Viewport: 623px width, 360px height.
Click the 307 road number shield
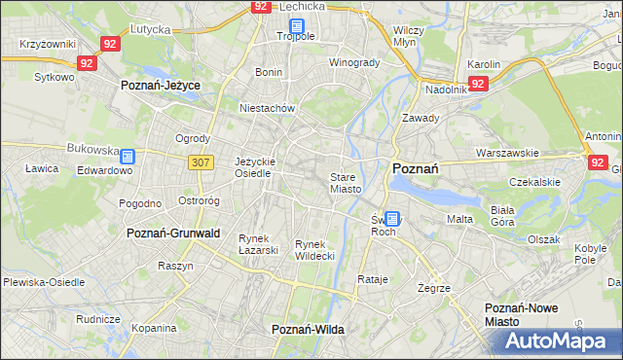click(x=201, y=162)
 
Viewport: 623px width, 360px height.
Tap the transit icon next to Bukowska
click(x=128, y=155)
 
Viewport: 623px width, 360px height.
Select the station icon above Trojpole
click(x=296, y=26)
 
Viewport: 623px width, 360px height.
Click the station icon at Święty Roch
click(x=391, y=220)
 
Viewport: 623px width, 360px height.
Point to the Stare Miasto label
click(x=346, y=183)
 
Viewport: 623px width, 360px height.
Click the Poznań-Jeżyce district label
click(x=161, y=86)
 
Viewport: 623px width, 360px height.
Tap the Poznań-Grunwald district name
click(x=173, y=234)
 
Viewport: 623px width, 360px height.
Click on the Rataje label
click(x=373, y=279)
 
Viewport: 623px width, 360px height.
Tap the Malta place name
click(x=459, y=219)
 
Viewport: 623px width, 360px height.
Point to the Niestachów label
click(x=267, y=108)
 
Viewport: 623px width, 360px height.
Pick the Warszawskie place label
click(x=507, y=153)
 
